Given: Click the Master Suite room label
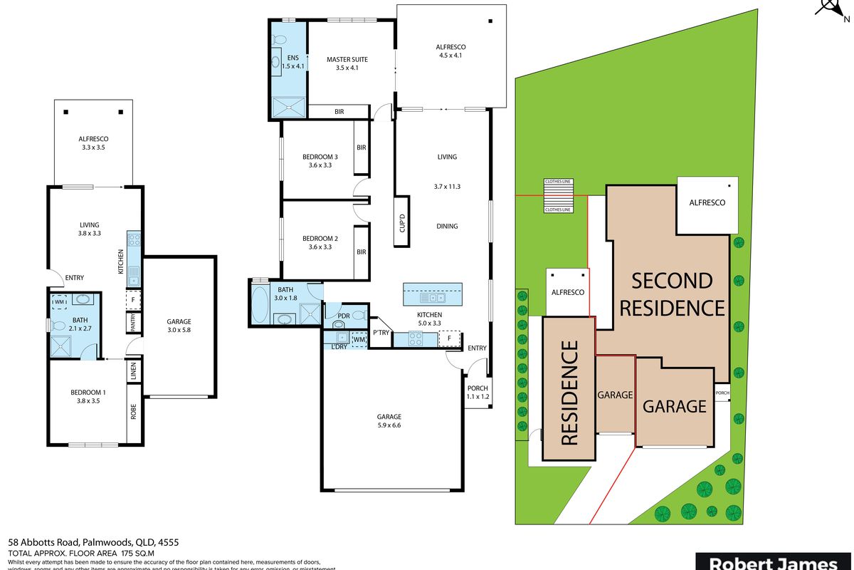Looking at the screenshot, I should (x=347, y=59).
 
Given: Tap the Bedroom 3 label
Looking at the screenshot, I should (x=320, y=157).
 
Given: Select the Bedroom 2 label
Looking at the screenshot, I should (x=320, y=239).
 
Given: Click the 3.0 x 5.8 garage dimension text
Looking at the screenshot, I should (x=179, y=331).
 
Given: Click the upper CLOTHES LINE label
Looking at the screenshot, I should (x=559, y=182).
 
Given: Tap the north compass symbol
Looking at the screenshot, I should (x=833, y=9).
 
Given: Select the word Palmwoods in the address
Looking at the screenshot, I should (x=105, y=541).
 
